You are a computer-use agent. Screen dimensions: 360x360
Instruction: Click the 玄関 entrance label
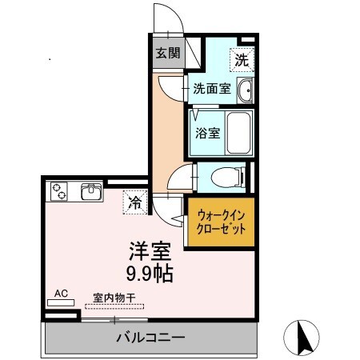(x=167, y=54)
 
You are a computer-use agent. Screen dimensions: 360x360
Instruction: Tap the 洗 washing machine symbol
(x=241, y=58)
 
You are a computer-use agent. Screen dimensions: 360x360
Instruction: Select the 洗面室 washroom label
(x=212, y=89)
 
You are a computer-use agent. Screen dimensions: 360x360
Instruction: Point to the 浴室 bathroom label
(x=207, y=133)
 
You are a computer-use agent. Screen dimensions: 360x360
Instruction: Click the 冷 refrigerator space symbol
(x=135, y=203)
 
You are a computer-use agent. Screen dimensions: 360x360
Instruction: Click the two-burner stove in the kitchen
(x=61, y=191)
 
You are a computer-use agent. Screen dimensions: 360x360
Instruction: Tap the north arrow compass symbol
(x=305, y=337)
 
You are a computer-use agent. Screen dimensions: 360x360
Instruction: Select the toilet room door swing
(x=181, y=176)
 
